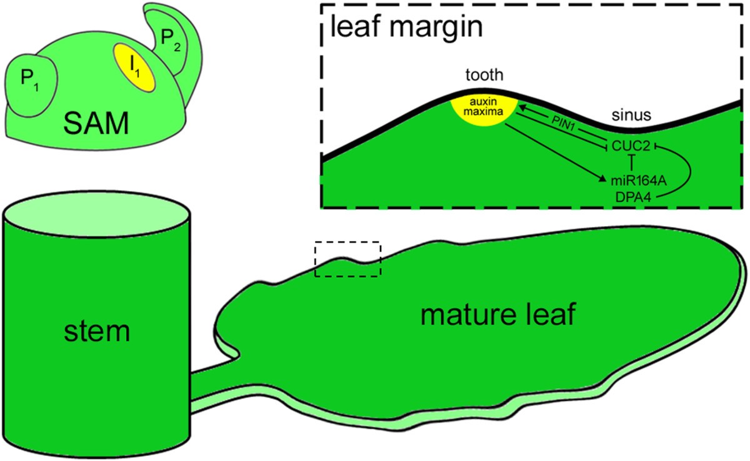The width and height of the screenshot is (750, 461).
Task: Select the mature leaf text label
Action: tap(497, 315)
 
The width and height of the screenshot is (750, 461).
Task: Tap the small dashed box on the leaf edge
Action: tap(347, 259)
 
